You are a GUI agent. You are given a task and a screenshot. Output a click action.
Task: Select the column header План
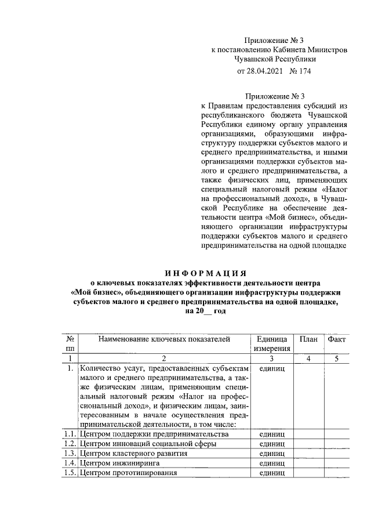pyautogui.click(x=308, y=339)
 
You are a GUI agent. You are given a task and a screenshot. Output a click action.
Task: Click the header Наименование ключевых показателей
pyautogui.click(x=165, y=339)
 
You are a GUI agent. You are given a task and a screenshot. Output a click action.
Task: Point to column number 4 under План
pyautogui.click(x=308, y=359)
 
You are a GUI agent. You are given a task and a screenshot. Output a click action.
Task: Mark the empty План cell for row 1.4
pyautogui.click(x=308, y=463)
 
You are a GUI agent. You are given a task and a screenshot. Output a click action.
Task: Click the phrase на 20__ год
pyautogui.click(x=205, y=311)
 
